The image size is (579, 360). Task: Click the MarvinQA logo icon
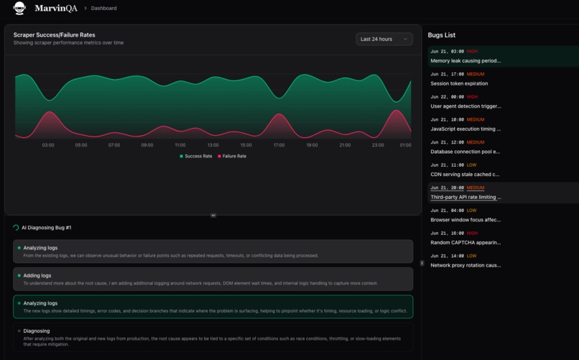click(x=19, y=8)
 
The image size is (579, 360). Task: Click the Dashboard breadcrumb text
click(x=103, y=9)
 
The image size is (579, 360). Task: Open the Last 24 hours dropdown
click(x=384, y=39)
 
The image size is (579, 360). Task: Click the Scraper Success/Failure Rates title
click(x=54, y=34)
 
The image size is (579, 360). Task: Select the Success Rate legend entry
click(x=196, y=156)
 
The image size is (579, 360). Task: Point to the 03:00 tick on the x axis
click(x=48, y=145)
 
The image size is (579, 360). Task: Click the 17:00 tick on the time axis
click(x=279, y=145)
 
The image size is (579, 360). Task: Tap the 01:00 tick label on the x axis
click(x=405, y=145)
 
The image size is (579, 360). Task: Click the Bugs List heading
click(x=441, y=35)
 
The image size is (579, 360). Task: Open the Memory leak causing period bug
click(x=465, y=61)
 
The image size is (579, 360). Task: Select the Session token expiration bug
click(x=459, y=83)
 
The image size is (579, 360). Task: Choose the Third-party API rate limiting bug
click(x=465, y=197)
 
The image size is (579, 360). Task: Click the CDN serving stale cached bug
click(x=465, y=174)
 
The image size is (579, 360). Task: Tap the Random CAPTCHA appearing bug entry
click(x=465, y=242)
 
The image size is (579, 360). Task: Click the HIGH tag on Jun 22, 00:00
click(x=472, y=97)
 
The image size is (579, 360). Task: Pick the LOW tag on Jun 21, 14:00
click(x=471, y=256)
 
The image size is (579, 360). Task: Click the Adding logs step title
click(x=37, y=275)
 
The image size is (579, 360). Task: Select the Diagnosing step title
click(x=37, y=331)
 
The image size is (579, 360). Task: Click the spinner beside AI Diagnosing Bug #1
click(x=16, y=228)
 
